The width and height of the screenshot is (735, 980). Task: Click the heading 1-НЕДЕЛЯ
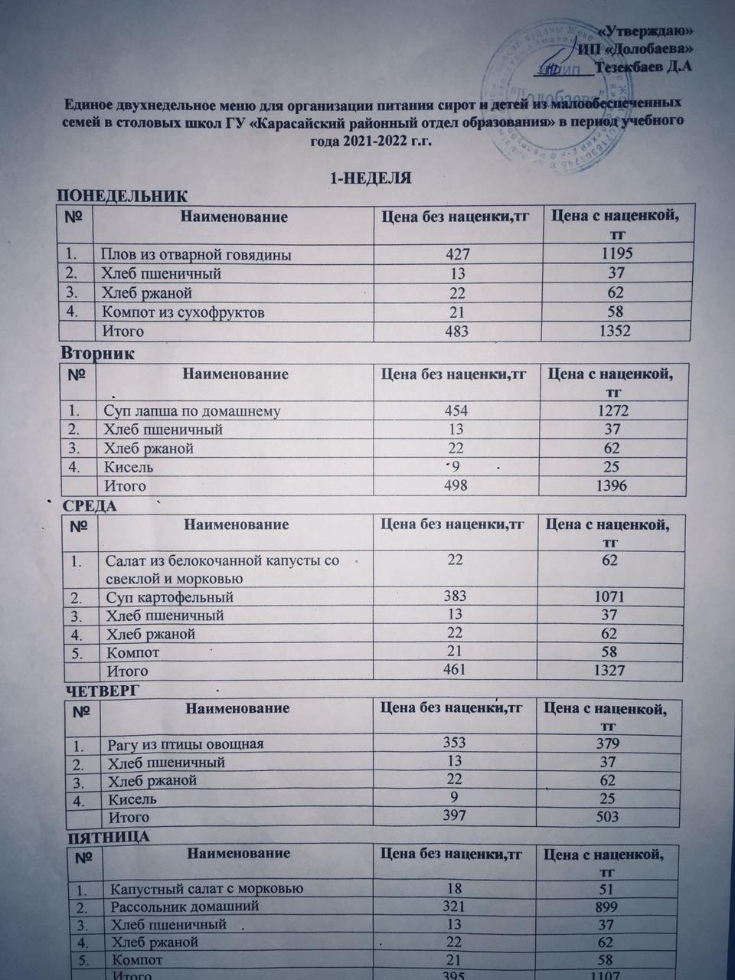pyautogui.click(x=371, y=178)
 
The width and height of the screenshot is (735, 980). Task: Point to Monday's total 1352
pyautogui.click(x=614, y=331)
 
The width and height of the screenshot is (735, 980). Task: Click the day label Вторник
pyautogui.click(x=96, y=354)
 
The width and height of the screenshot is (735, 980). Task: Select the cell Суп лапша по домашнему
pyautogui.click(x=191, y=411)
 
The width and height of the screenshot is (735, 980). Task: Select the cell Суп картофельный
pyautogui.click(x=170, y=597)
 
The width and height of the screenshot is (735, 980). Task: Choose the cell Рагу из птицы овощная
pyautogui.click(x=186, y=744)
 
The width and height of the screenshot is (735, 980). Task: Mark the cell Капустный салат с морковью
pyautogui.click(x=207, y=889)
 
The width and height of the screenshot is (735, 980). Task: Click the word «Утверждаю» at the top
pyautogui.click(x=646, y=31)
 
